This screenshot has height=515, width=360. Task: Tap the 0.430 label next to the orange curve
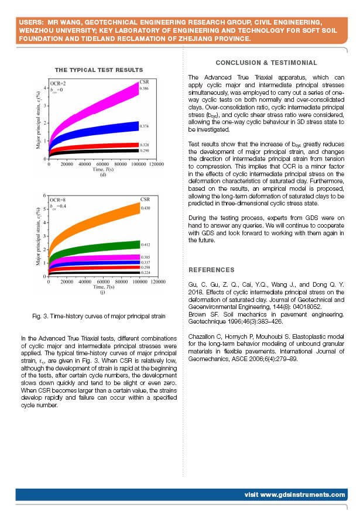[145, 208]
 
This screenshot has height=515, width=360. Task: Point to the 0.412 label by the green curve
[145, 244]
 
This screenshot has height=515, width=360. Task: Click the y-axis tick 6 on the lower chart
[44, 195]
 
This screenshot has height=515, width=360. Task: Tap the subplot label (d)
[102, 175]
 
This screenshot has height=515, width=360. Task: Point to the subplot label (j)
[102, 292]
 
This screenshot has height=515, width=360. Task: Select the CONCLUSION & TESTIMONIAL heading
[266, 63]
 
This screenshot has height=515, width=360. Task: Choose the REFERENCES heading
[211, 270]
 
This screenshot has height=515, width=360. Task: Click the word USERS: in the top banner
[30, 22]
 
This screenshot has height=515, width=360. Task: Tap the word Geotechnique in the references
[206, 321]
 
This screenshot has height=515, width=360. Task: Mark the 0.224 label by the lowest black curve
[145, 273]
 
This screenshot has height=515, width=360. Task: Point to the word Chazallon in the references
[203, 334]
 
